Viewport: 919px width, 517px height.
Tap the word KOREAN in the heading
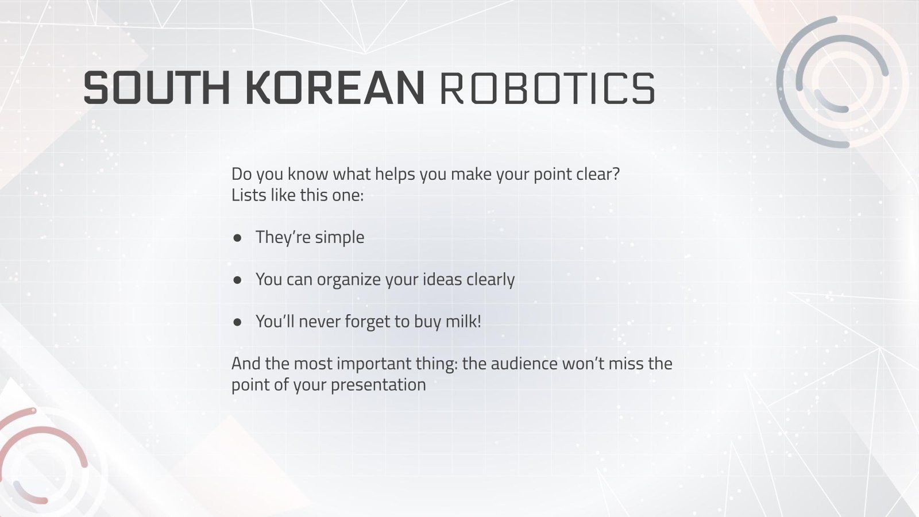pyautogui.click(x=335, y=88)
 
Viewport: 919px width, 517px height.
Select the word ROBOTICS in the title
pyautogui.click(x=547, y=88)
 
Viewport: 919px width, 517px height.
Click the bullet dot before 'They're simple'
pyautogui.click(x=237, y=237)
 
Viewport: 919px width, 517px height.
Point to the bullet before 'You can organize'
pyautogui.click(x=237, y=280)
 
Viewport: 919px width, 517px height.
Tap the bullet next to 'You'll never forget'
pyautogui.click(x=237, y=322)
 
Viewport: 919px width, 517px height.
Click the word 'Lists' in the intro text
pyautogui.click(x=248, y=195)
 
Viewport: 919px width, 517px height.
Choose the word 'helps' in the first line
pyautogui.click(x=395, y=173)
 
